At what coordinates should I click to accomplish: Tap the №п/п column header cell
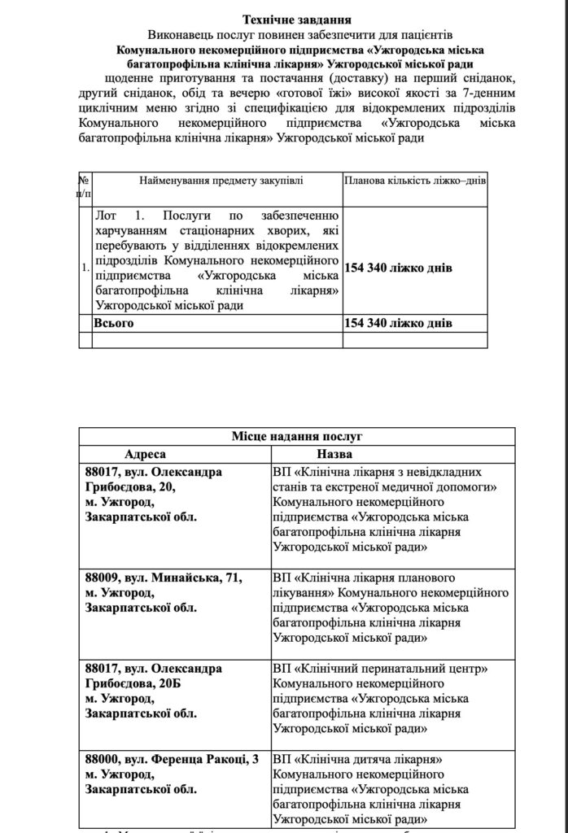(85, 186)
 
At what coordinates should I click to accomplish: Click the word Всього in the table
(114, 323)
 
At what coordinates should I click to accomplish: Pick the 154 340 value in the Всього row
(399, 323)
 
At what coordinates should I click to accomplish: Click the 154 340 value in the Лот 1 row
(399, 268)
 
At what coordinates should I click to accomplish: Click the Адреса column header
(145, 454)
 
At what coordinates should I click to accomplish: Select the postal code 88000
(101, 759)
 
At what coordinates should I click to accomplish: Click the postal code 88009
(101, 578)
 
